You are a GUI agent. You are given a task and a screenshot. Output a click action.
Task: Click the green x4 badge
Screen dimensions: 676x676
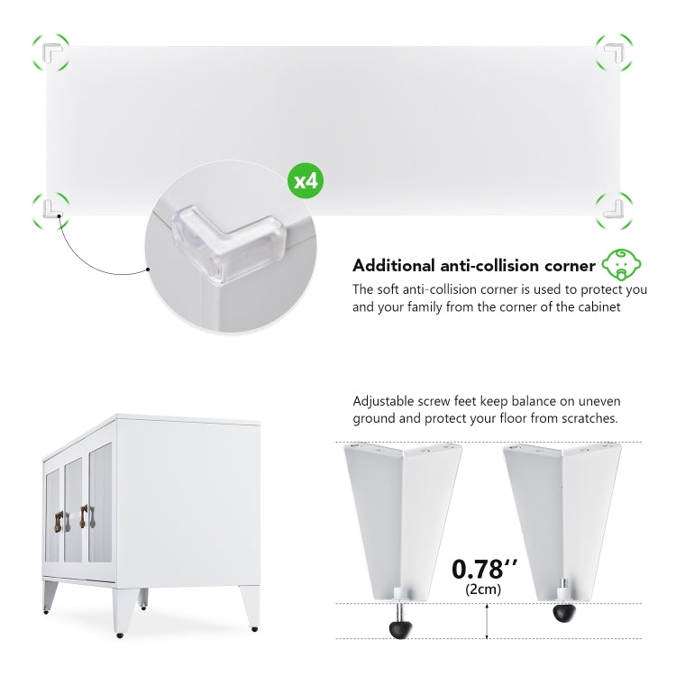[306, 180]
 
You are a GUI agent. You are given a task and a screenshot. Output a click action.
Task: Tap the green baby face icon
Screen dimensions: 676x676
[621, 264]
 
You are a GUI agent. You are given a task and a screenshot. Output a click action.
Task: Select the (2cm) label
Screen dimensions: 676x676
[483, 589]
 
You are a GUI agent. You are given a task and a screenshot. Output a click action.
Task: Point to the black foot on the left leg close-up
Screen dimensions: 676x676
[400, 629]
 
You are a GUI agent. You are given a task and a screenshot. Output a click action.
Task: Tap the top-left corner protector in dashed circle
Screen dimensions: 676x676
[51, 52]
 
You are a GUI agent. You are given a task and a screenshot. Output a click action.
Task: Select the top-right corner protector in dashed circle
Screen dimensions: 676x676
[615, 52]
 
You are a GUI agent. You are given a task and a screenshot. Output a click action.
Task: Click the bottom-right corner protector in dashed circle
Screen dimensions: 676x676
[615, 209]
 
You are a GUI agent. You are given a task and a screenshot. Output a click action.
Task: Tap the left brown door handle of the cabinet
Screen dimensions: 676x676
[59, 521]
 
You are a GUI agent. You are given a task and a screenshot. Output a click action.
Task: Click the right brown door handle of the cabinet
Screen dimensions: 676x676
[84, 516]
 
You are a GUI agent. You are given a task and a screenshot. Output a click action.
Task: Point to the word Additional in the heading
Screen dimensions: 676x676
[394, 266]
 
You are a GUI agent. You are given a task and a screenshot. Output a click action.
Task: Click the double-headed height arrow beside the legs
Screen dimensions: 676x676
[487, 621]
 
